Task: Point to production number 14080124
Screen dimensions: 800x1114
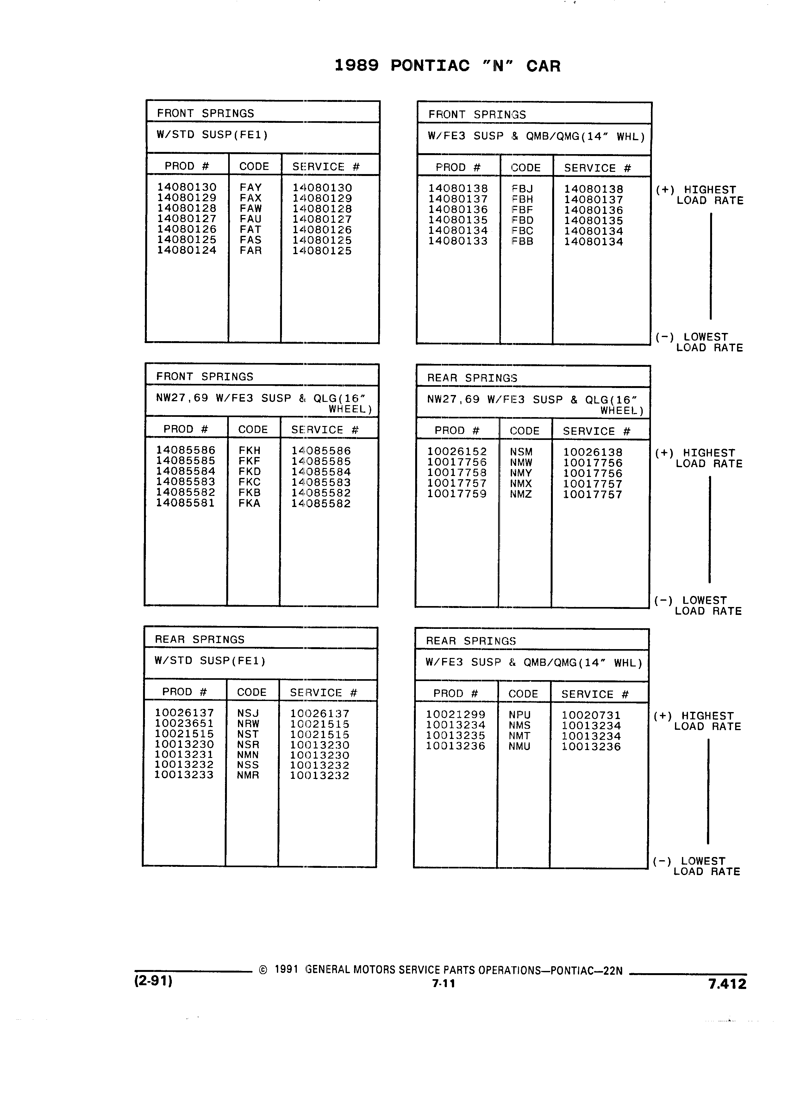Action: point(187,250)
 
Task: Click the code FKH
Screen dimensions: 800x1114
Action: point(249,450)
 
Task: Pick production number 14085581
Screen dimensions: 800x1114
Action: point(186,503)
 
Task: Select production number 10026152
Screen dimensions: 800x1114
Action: point(457,451)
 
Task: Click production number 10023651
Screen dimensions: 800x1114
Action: point(184,723)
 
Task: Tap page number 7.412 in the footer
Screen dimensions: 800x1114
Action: point(727,984)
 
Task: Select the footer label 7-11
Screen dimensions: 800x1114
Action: point(443,983)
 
